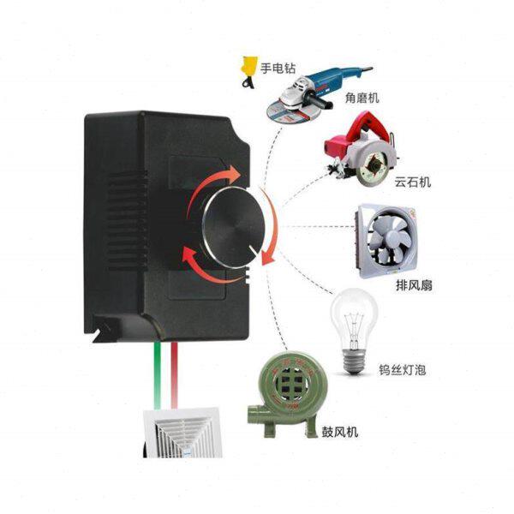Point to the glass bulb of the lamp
[x=353, y=317]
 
